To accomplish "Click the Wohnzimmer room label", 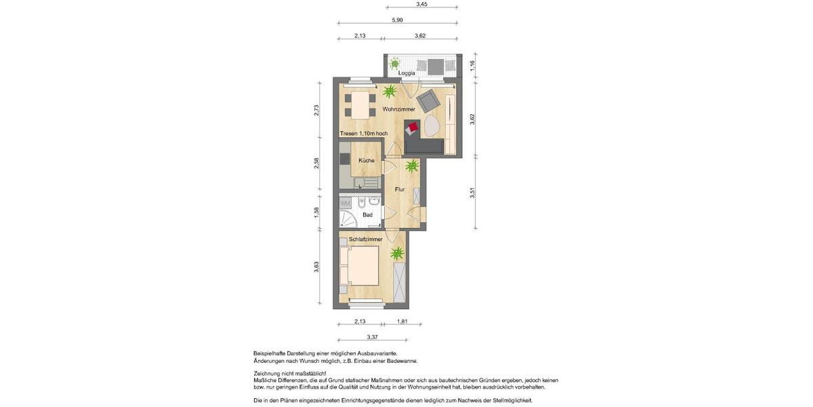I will [398, 109].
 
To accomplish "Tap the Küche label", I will [367, 161].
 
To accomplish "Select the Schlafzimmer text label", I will [366, 239].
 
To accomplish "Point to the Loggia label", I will [406, 73].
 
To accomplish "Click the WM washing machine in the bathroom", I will [345, 203].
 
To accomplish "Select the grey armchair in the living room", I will [428, 102].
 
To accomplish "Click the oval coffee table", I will [432, 126].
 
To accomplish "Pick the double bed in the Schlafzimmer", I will [359, 266].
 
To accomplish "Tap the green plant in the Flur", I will [412, 166].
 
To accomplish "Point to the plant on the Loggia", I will [394, 65].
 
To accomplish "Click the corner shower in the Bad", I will [347, 219].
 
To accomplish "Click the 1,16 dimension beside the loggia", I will [472, 66].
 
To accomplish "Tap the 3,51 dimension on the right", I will [472, 193].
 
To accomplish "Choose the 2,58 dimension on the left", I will [316, 163].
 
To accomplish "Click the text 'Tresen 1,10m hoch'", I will [364, 134].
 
